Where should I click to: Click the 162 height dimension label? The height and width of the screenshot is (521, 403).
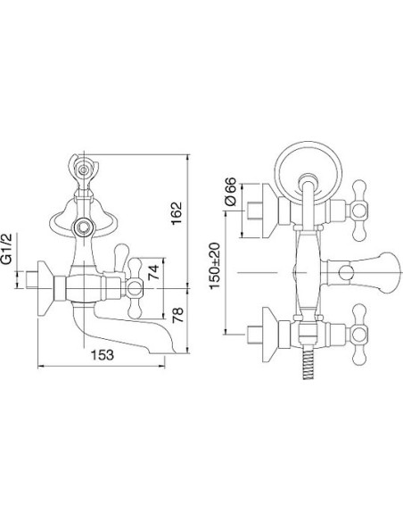pos(177,213)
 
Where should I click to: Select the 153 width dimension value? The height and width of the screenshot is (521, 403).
pos(103,355)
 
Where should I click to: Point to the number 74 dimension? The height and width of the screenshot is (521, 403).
pos(153,272)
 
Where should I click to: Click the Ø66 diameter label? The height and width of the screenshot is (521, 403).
pos(231,192)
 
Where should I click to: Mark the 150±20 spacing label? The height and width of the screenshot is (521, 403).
pos(215,266)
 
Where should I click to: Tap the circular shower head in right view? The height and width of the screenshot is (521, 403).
pos(309,173)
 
